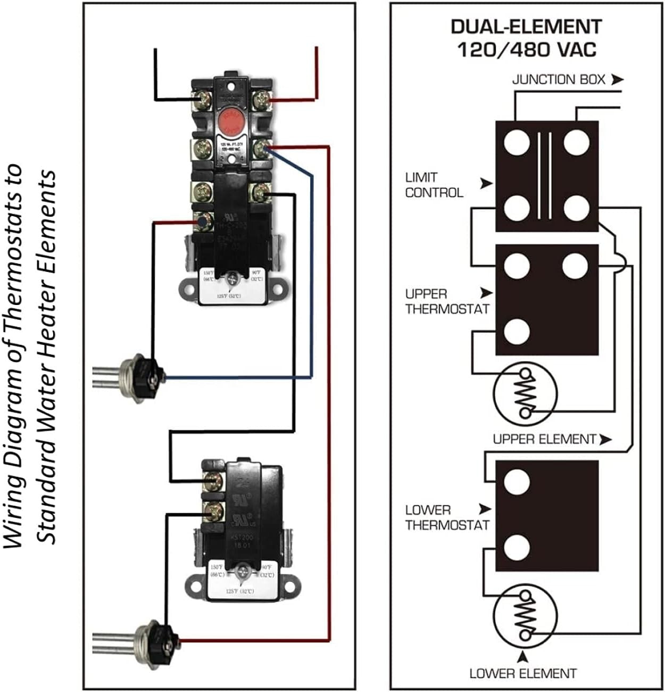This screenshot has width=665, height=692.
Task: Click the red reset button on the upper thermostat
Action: [231, 121]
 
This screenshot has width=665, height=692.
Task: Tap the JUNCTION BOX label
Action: [558, 80]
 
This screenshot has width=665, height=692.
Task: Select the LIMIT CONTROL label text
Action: [434, 185]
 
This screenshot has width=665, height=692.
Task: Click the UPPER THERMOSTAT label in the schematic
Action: [446, 301]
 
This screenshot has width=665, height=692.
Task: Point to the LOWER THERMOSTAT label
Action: [446, 517]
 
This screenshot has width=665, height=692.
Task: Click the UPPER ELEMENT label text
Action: [544, 439]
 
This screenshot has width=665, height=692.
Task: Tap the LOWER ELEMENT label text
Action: [522, 673]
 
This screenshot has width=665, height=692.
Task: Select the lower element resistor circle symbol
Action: [525, 615]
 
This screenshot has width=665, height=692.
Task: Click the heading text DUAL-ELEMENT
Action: [526, 27]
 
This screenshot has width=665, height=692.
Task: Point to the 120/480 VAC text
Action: [526, 50]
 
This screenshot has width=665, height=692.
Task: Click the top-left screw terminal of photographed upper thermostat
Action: [203, 98]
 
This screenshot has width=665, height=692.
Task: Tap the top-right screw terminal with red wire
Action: [261, 98]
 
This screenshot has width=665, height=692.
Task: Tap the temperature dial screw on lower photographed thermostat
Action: [244, 573]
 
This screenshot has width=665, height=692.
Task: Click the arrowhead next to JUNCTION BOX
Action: [617, 80]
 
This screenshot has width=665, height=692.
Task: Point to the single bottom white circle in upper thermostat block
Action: [517, 331]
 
